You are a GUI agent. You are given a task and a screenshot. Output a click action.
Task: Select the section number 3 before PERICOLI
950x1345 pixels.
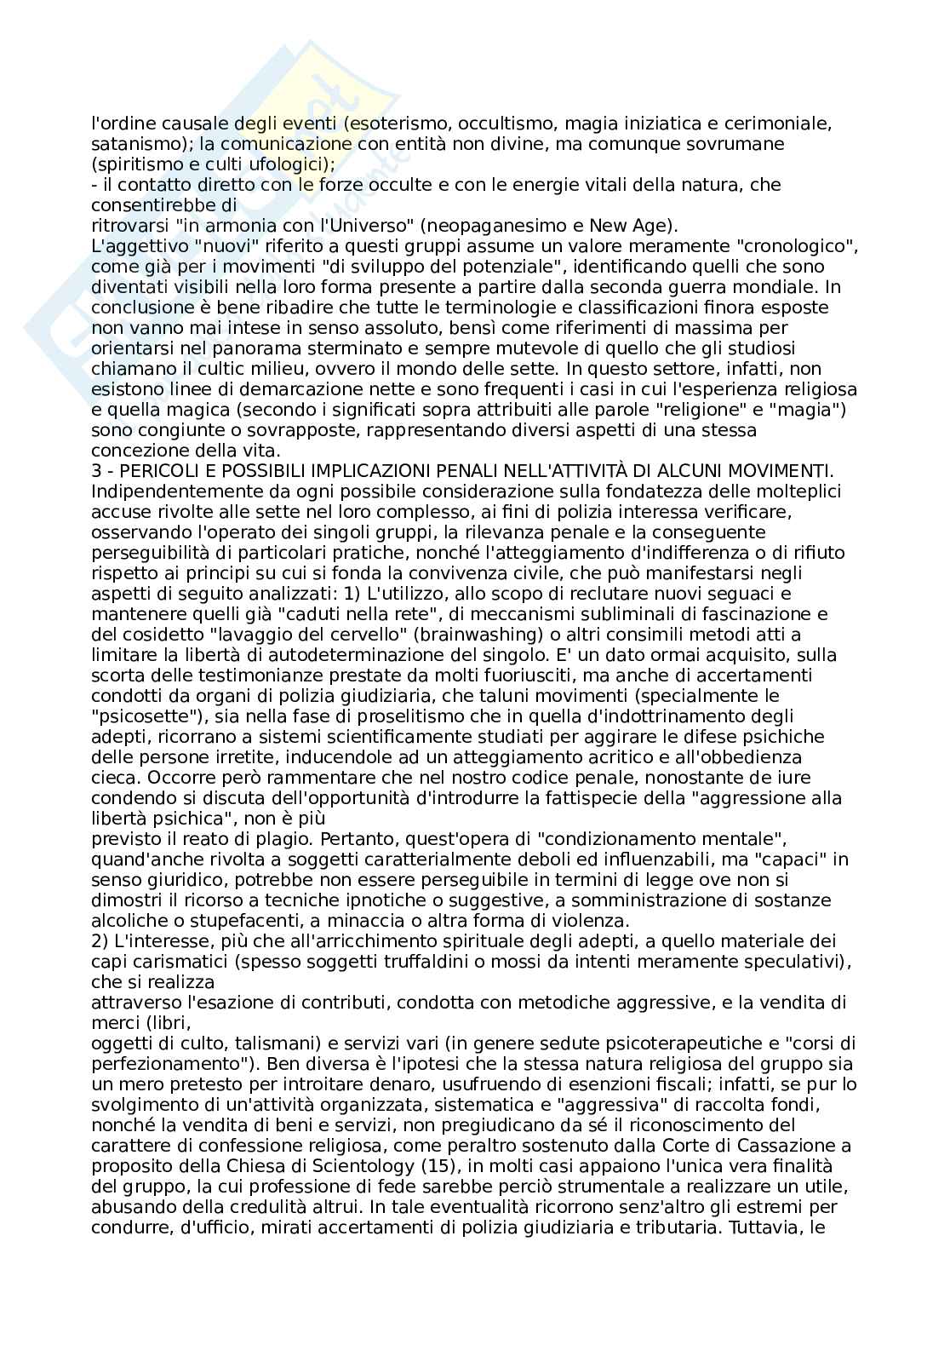pyautogui.click(x=95, y=471)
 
